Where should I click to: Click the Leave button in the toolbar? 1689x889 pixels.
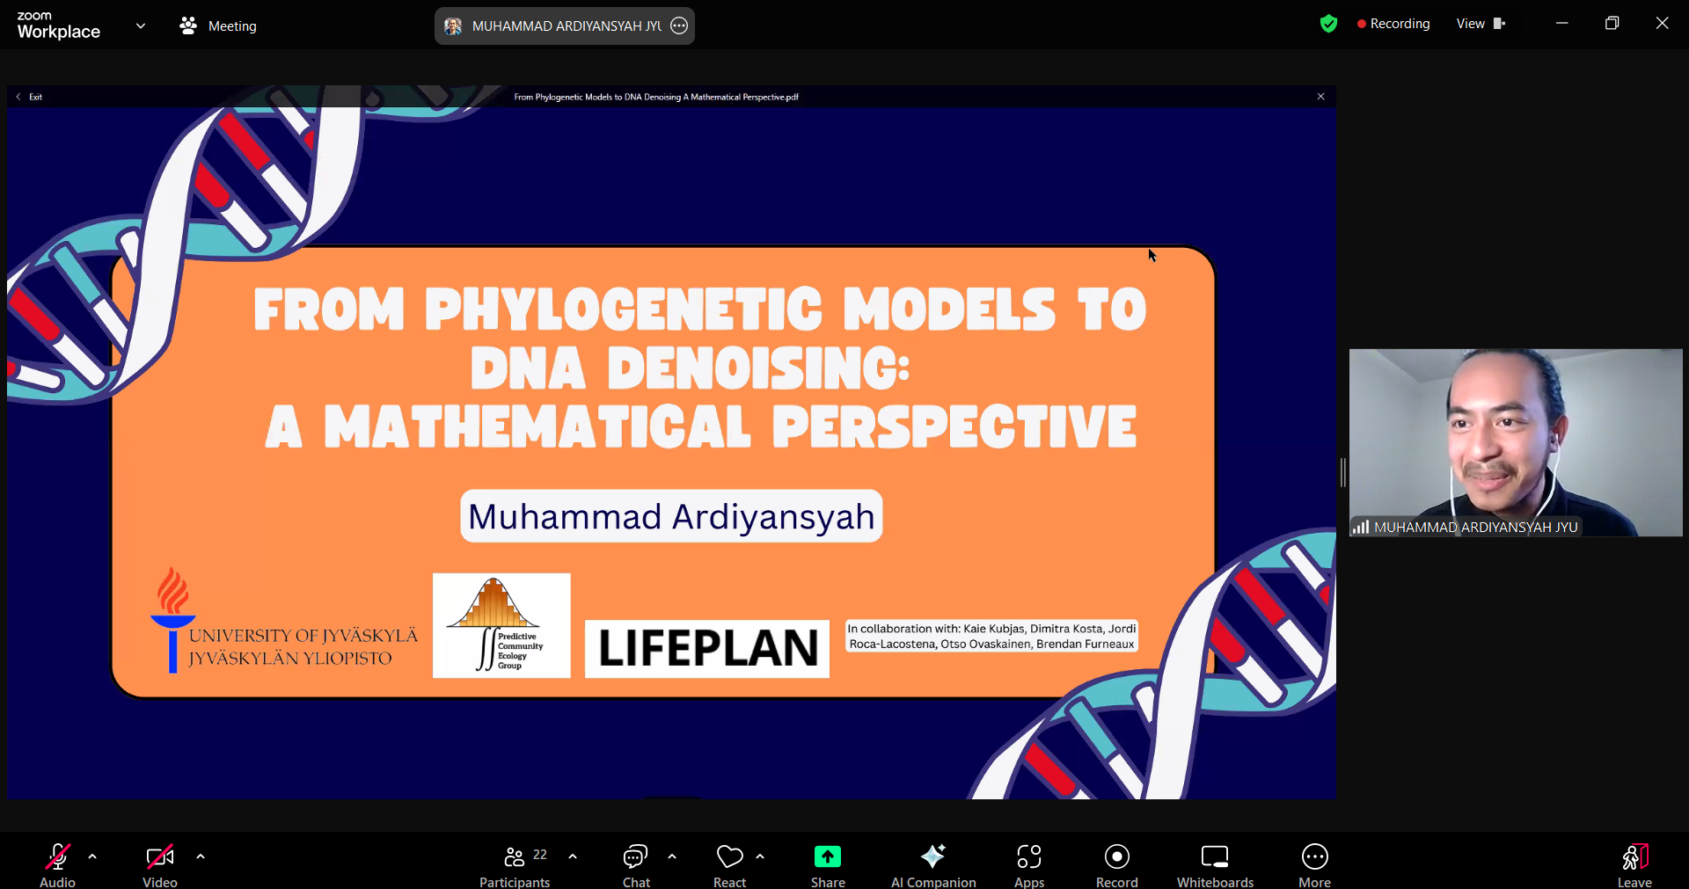pos(1634,856)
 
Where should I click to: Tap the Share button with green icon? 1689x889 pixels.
pos(827,856)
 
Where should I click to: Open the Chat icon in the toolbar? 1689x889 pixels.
pos(635,856)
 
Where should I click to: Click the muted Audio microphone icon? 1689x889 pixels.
pos(57,856)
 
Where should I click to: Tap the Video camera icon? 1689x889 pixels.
pos(159,856)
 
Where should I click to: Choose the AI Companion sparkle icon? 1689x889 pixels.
pos(932,856)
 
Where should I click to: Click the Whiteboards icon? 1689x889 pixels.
pos(1215,856)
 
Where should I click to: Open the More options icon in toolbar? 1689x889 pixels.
pos(1314,856)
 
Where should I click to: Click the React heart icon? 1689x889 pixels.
pos(729,856)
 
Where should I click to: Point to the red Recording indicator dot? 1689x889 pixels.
pos(1362,25)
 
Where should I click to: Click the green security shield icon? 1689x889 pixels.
pos(1328,24)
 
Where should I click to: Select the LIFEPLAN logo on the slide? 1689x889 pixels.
pos(707,649)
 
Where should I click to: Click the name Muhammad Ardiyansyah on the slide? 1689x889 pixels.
pos(671,516)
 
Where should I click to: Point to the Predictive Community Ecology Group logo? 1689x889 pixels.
pos(501,625)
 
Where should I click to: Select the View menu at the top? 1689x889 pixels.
pos(1481,24)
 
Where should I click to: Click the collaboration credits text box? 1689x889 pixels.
pos(992,637)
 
